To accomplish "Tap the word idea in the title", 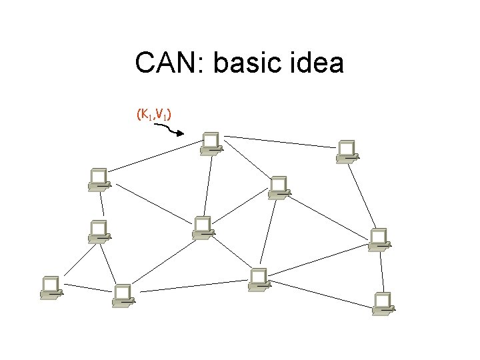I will pos(319,64).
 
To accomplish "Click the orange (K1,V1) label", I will pos(154,116).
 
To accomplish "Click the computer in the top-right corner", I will pos(347,151).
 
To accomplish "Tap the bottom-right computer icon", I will pos(383,303).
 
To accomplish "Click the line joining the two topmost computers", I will pos(280,142).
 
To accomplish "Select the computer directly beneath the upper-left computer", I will pos(99,230).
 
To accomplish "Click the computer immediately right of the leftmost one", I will pos(122,295).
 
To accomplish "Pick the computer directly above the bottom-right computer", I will pos(379,239).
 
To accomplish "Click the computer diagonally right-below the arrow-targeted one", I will pos(277,187).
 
